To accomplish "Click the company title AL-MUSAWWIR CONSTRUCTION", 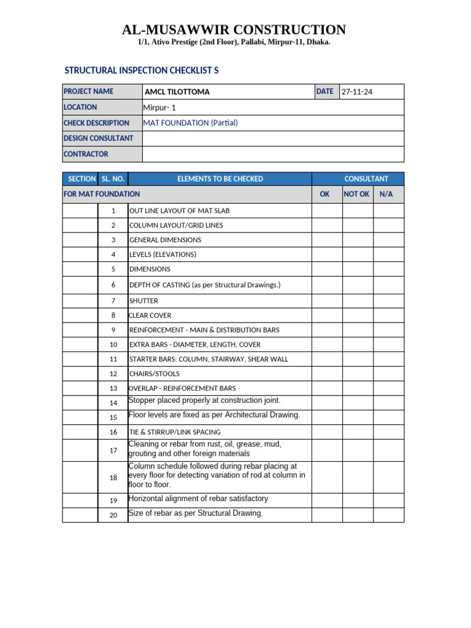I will (x=234, y=29).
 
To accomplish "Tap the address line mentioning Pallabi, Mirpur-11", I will (x=234, y=42).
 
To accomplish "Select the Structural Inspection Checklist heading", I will (x=142, y=71).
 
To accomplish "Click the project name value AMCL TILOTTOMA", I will (x=177, y=92).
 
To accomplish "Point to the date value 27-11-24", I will (x=357, y=92).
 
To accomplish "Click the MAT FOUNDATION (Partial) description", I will (x=190, y=123).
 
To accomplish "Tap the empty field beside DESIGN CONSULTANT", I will (x=273, y=139).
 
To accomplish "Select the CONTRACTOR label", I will (x=86, y=154).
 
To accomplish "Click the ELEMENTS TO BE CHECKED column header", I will (x=220, y=179).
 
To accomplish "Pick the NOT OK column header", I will (x=356, y=194).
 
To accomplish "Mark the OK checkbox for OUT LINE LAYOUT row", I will (x=327, y=210).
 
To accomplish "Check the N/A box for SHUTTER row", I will (x=388, y=301).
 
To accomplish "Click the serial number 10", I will (x=113, y=345).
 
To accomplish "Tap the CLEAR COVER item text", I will (x=150, y=315).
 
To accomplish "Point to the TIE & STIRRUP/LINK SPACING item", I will (x=175, y=432).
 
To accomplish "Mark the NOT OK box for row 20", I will (x=358, y=515).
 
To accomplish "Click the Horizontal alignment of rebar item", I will (x=198, y=499).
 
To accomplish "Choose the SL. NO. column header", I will (x=113, y=179).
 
